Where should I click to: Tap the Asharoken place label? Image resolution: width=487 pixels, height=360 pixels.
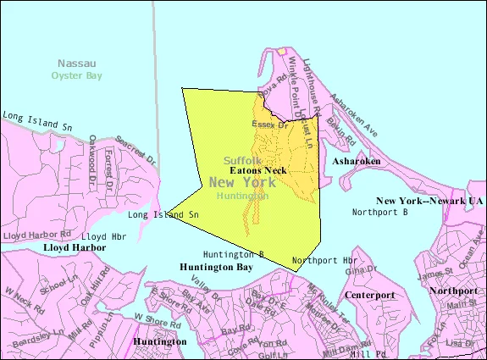click(356, 160)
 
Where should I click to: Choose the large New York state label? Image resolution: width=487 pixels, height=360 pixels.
click(250, 181)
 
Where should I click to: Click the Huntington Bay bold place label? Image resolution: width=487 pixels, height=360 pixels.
click(216, 267)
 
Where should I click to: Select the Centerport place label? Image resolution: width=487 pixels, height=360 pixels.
click(369, 295)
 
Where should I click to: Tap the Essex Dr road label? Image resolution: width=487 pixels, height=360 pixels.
click(271, 125)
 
